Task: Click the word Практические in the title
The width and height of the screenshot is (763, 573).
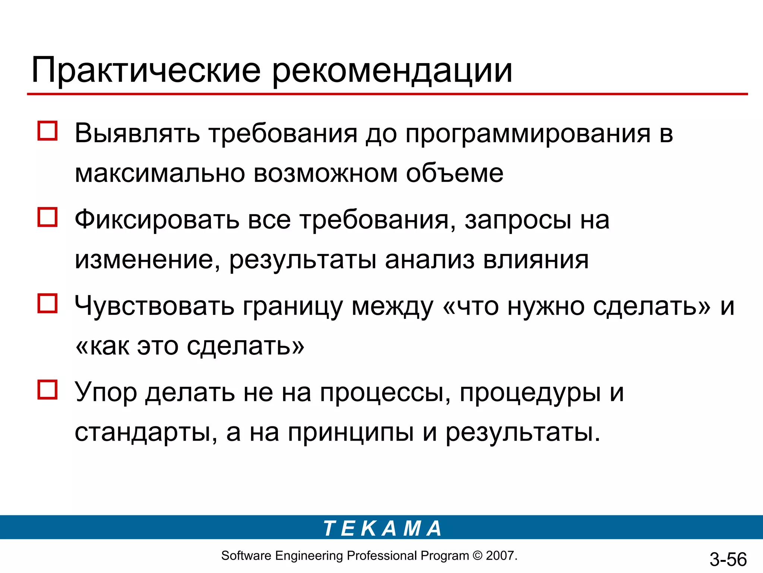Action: pyautogui.click(x=146, y=71)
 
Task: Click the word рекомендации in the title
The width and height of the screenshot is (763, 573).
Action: pyautogui.click(x=392, y=71)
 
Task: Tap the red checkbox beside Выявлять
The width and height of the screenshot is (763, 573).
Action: pyautogui.click(x=47, y=131)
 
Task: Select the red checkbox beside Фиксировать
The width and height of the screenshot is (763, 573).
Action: pyautogui.click(x=47, y=217)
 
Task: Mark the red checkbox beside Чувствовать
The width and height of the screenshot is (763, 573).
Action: pyautogui.click(x=47, y=303)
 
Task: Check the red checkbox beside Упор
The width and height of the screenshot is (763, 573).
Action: pyautogui.click(x=47, y=390)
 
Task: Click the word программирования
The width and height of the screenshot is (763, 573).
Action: pyautogui.click(x=528, y=134)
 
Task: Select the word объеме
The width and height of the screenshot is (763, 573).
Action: pyautogui.click(x=455, y=173)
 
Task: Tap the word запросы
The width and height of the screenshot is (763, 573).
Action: pyautogui.click(x=518, y=220)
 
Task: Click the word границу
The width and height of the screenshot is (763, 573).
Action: pyautogui.click(x=292, y=307)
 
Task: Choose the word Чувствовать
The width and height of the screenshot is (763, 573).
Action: pyautogui.click(x=154, y=306)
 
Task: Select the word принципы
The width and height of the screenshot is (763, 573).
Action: pyautogui.click(x=351, y=433)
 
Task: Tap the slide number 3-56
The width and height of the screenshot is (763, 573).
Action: pyautogui.click(x=728, y=559)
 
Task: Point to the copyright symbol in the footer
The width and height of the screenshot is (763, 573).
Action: pyautogui.click(x=477, y=556)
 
